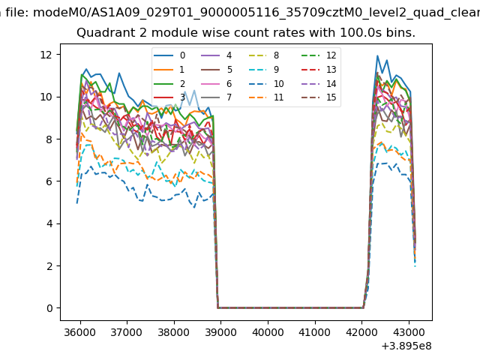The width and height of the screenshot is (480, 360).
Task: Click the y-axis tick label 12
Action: pos(45,54)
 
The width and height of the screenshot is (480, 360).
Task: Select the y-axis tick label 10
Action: pos(45,96)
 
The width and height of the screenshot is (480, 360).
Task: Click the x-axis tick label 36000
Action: pos(79,331)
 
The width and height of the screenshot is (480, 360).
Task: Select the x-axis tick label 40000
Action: pos(267,331)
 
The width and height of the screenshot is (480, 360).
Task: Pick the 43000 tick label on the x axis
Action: pos(408,331)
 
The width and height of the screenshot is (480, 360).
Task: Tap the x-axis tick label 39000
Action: pos(220,331)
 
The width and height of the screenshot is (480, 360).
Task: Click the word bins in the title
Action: pos(400,33)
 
